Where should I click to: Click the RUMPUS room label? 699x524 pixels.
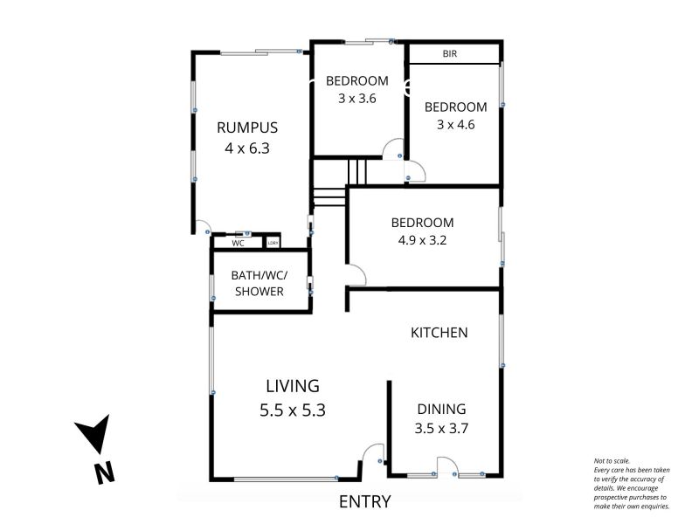pyautogui.click(x=247, y=128)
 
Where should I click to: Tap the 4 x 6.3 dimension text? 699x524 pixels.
pyautogui.click(x=247, y=148)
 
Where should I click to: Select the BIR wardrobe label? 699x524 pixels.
pyautogui.click(x=450, y=54)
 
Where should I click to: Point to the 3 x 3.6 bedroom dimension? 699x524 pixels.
pyautogui.click(x=357, y=98)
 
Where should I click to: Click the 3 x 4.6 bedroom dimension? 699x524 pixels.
pyautogui.click(x=455, y=124)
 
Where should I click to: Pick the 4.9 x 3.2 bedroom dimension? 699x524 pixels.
pyautogui.click(x=422, y=240)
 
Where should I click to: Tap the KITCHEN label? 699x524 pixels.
pyautogui.click(x=439, y=333)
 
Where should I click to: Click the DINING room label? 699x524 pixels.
pyautogui.click(x=441, y=409)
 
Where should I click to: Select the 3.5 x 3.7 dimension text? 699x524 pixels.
pyautogui.click(x=441, y=429)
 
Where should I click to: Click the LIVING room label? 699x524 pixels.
pyautogui.click(x=293, y=386)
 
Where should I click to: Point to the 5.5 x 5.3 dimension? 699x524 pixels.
pyautogui.click(x=293, y=410)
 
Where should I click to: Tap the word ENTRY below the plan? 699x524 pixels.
pyautogui.click(x=364, y=501)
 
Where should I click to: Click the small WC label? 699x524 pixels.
pyautogui.click(x=238, y=244)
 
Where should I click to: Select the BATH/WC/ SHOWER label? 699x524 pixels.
pyautogui.click(x=260, y=283)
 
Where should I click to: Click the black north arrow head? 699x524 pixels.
pyautogui.click(x=94, y=432)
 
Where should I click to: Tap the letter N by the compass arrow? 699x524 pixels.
pyautogui.click(x=105, y=473)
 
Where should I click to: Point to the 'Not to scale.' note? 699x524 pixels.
pyautogui.click(x=612, y=461)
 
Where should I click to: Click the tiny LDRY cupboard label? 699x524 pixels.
pyautogui.click(x=273, y=243)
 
